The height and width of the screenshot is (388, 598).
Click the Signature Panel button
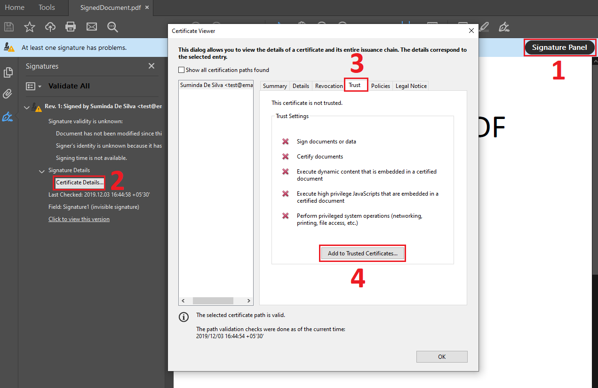559,48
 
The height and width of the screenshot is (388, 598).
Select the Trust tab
355,86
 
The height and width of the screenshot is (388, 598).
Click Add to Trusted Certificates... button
362,253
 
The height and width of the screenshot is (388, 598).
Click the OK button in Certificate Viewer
441,356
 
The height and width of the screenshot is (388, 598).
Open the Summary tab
275,86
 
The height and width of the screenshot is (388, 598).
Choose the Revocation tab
329,86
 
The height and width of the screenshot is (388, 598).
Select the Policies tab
380,86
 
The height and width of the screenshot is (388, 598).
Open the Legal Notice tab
411,86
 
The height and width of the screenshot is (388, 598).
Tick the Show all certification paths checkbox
182,70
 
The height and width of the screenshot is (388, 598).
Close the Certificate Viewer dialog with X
471,31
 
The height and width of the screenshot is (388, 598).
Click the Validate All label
69,86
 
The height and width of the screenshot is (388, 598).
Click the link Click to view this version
79,219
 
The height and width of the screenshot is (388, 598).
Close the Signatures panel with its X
151,66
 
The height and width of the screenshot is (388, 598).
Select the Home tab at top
15,8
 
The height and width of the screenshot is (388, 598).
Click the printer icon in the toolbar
71,27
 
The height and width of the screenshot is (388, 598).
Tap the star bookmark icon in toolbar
30,27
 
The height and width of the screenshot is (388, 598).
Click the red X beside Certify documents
285,157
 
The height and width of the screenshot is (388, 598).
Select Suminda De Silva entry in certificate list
216,85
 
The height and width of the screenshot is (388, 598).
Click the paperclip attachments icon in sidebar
8,94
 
